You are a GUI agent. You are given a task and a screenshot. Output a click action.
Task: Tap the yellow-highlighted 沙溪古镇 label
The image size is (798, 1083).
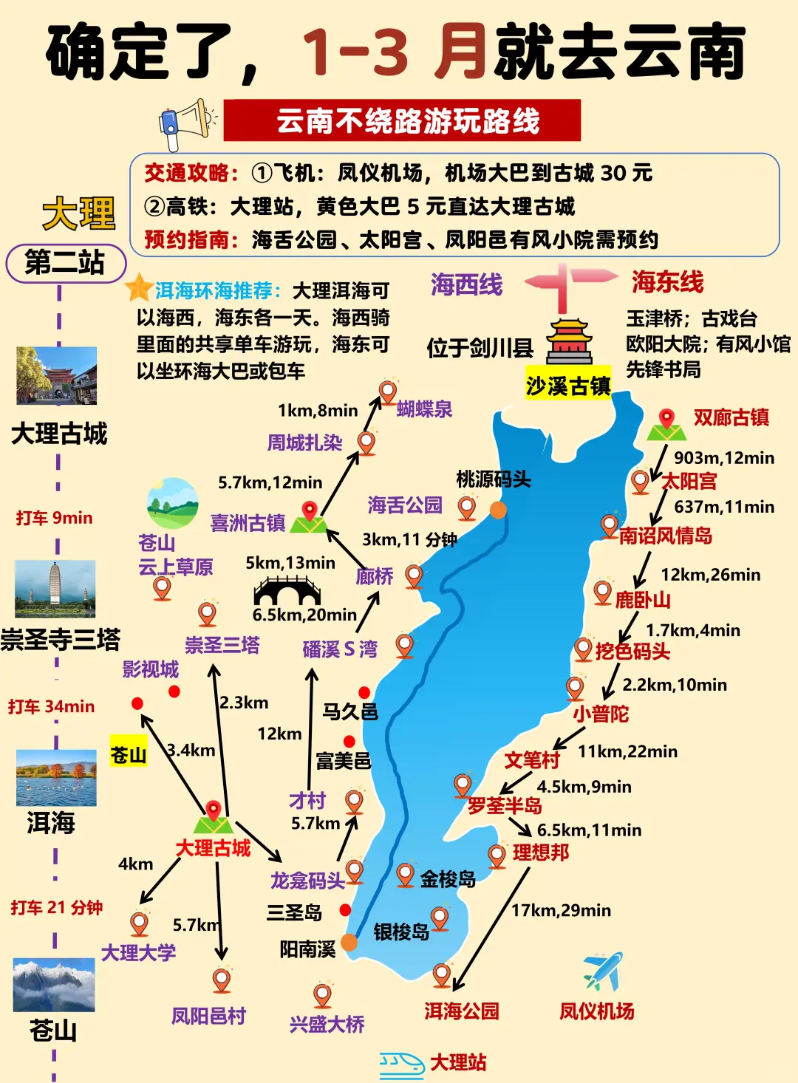(x=568, y=385)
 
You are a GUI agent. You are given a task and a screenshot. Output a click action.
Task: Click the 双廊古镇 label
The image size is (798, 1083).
(x=731, y=417)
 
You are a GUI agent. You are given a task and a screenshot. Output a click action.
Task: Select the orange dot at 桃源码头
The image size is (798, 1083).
(x=499, y=510)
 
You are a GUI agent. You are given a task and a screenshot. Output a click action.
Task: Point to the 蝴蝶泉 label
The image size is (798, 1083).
(x=424, y=409)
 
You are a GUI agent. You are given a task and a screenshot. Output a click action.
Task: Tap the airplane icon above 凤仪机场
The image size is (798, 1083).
(x=603, y=972)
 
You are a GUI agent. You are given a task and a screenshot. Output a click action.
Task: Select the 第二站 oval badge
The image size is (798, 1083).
(x=66, y=262)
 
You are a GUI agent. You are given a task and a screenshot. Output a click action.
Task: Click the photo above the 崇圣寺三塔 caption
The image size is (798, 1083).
(x=55, y=589)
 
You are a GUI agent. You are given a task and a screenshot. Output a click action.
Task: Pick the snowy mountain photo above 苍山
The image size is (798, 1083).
(x=54, y=985)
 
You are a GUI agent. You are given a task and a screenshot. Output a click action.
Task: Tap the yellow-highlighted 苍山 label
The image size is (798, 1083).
(x=129, y=754)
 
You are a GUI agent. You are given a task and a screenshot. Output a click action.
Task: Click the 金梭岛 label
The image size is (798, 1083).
(x=448, y=879)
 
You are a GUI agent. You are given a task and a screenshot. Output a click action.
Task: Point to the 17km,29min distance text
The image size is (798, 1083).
(x=561, y=910)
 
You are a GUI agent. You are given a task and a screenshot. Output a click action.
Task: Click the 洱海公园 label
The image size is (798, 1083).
(x=462, y=1011)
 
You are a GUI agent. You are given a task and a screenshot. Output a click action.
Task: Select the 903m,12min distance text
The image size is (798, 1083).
(x=724, y=458)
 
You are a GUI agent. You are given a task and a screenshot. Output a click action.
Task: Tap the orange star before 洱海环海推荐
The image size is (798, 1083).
(x=139, y=288)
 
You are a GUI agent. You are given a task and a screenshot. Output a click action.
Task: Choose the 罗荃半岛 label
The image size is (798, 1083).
(x=505, y=805)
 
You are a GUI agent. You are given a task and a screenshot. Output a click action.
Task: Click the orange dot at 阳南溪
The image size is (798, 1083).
(x=349, y=943)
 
